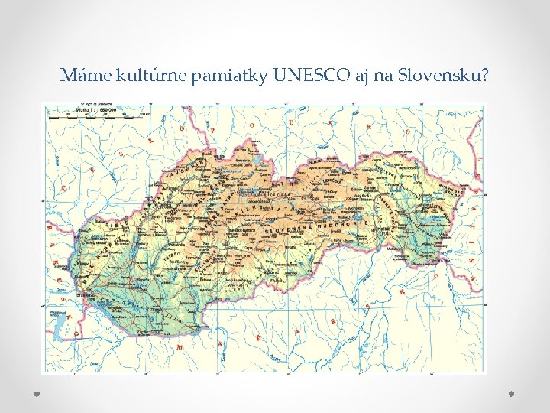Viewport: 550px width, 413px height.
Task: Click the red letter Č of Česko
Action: point(65,187)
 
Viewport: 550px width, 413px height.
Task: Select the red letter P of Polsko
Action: point(212,131)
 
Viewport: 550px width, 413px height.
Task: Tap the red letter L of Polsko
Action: point(291,122)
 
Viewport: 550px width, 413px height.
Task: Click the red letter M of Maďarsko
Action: point(180,347)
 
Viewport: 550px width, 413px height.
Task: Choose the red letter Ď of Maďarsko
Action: point(257,337)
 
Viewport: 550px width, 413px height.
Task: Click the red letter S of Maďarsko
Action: point(369,306)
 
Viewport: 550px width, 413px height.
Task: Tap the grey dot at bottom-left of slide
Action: point(35,392)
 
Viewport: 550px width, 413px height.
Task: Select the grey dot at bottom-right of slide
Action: point(512,392)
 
